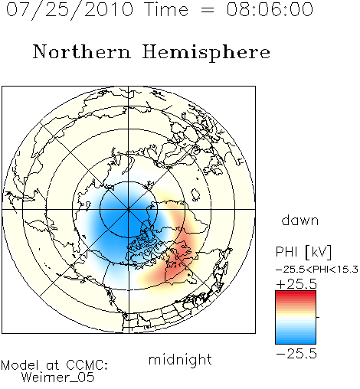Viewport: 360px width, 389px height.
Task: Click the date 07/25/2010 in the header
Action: tap(70, 10)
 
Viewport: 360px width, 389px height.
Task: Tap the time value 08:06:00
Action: tap(270, 9)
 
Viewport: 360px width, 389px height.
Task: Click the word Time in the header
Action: tap(166, 9)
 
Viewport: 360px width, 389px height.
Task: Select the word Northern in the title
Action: tap(82, 51)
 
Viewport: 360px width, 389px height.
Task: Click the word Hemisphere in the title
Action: tap(206, 53)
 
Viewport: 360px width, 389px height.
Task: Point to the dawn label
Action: tap(300, 220)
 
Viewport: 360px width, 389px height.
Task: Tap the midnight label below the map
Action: tap(180, 359)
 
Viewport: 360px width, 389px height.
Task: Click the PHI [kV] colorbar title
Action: tap(303, 252)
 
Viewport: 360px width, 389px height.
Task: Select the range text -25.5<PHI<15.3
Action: tap(317, 270)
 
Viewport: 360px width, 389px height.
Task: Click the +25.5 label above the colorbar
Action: tap(296, 284)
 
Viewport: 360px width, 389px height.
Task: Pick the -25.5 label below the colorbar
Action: tap(296, 354)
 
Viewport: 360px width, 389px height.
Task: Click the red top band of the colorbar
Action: tap(296, 293)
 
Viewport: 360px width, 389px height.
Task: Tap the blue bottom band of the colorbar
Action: tap(296, 341)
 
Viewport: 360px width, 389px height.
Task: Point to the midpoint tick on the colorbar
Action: tap(318, 317)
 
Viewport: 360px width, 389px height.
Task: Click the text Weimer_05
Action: tap(58, 378)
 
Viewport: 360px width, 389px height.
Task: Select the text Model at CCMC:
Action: tap(54, 365)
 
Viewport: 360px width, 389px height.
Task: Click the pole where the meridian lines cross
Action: tap(129, 209)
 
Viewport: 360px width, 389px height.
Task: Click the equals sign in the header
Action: tap(207, 10)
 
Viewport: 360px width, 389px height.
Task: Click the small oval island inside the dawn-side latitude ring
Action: tap(195, 194)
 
